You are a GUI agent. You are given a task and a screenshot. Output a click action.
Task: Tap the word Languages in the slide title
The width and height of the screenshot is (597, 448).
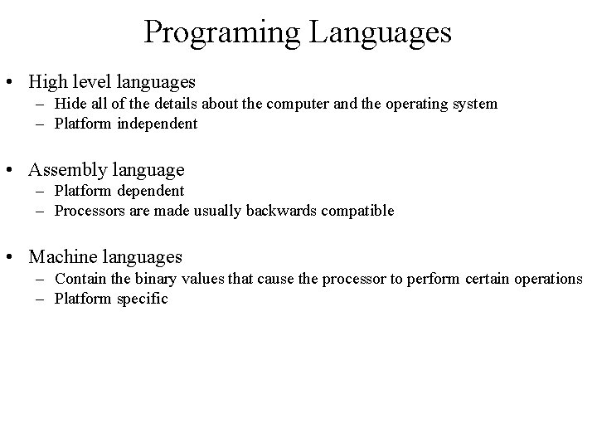pos(382,32)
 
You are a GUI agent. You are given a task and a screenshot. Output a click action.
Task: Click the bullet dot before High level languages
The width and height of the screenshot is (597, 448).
pos(13,82)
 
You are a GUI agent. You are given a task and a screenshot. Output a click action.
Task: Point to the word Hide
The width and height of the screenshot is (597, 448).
pos(70,104)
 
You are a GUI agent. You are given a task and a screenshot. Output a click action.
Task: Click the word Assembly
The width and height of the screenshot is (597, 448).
pos(66,170)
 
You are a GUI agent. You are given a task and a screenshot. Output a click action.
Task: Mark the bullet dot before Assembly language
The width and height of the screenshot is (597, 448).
pos(13,171)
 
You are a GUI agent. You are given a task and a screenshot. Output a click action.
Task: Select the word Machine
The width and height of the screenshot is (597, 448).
pos(63,258)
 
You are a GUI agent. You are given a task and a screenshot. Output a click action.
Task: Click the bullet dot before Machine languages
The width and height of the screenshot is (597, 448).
pos(13,258)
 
